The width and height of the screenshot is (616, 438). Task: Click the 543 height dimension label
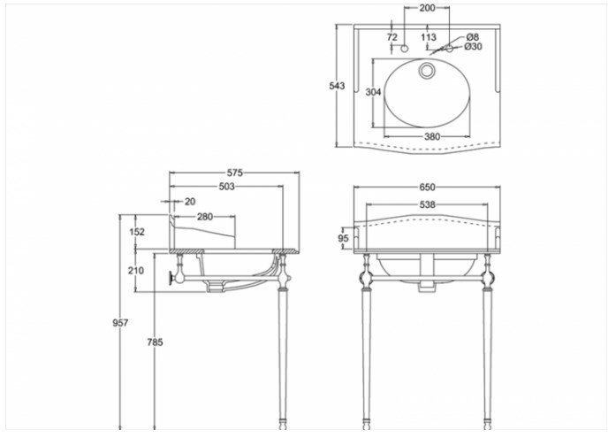click(337, 85)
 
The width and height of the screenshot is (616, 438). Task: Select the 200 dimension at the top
click(427, 7)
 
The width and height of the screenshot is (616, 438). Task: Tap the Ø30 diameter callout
click(473, 46)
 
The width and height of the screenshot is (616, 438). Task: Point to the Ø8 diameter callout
click(473, 37)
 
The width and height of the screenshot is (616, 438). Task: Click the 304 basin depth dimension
click(373, 92)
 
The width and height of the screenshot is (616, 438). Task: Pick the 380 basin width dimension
click(432, 136)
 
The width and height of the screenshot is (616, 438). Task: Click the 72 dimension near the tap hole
click(392, 37)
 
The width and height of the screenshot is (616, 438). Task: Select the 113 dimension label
click(429, 37)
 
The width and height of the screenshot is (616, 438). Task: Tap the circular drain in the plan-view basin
click(426, 71)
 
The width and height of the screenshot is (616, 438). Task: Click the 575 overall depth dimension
click(234, 173)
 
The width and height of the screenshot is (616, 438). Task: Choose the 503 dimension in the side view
click(226, 186)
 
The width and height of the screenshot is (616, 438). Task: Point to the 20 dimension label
click(190, 202)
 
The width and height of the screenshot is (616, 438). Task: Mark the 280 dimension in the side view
click(205, 216)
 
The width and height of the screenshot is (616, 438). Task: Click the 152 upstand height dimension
click(137, 232)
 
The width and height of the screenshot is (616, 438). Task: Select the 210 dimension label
click(136, 271)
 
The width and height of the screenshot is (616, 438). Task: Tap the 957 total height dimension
click(120, 323)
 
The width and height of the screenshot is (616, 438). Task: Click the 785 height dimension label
click(155, 342)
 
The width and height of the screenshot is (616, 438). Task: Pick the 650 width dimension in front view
click(427, 188)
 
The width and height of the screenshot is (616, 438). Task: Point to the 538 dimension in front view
click(427, 204)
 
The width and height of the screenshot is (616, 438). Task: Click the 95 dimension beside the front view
click(344, 238)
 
